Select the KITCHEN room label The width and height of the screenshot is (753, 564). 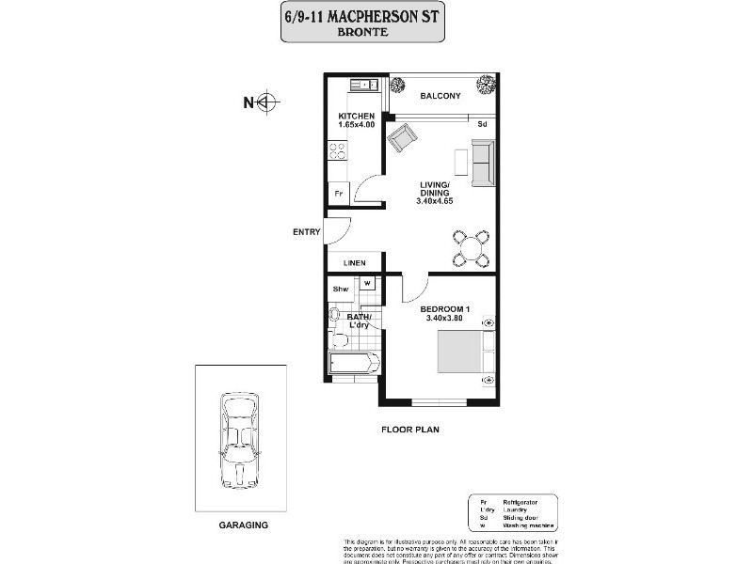(357, 117)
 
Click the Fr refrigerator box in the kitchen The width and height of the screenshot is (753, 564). (339, 194)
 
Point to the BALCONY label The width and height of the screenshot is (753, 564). (440, 96)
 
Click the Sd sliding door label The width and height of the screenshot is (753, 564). (482, 125)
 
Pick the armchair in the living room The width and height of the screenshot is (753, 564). (402, 141)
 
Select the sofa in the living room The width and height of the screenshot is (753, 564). (483, 163)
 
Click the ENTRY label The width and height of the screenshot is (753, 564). (308, 232)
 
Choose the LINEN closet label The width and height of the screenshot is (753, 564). (354, 263)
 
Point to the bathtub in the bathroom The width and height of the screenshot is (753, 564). (352, 363)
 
